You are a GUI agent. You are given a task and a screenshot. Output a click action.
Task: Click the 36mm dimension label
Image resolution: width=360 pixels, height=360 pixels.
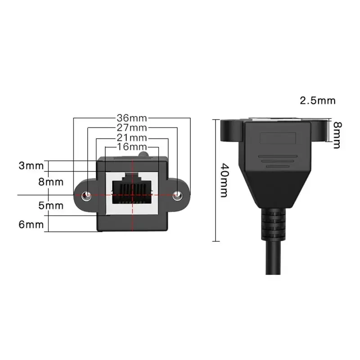click(x=132, y=118)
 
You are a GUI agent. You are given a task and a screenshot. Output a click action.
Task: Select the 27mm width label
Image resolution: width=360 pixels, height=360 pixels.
click(x=132, y=128)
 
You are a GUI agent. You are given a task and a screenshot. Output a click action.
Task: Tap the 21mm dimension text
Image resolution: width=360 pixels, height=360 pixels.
click(x=132, y=138)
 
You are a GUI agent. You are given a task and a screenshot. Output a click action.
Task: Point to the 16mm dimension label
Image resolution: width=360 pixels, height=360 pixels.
click(x=132, y=147)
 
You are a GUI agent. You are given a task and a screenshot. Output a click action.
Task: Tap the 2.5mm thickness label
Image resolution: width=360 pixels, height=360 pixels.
click(x=318, y=100)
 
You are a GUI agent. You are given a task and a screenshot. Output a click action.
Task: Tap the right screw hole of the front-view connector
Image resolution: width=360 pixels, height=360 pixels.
click(x=179, y=195)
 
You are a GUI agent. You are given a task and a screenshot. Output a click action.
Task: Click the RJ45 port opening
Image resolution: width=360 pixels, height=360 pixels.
click(x=132, y=189)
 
